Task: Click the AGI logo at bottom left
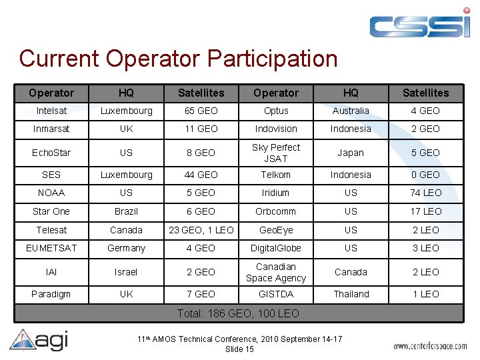tap(39, 340)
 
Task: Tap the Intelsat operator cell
tap(51, 111)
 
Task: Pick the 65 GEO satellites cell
tap(201, 111)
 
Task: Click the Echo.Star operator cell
tap(51, 153)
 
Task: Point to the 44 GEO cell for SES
tap(201, 175)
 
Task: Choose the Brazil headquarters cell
tap(126, 211)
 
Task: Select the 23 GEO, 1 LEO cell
tap(201, 230)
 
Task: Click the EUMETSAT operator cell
tap(51, 248)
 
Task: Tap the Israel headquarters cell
tap(126, 272)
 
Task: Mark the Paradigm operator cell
tap(51, 294)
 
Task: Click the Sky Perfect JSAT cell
tap(276, 153)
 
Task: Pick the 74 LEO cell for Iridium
tap(425, 193)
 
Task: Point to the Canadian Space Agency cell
tap(276, 272)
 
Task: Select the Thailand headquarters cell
tap(351, 294)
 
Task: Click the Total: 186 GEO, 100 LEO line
tap(238, 313)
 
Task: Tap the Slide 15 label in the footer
tap(239, 349)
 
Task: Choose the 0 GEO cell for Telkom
tap(425, 175)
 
